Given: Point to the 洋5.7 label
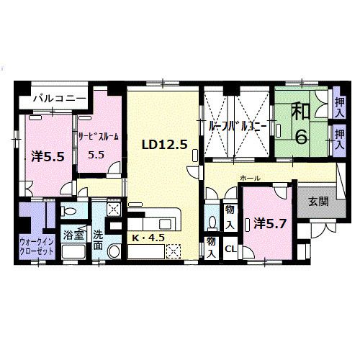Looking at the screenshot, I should [x=270, y=224].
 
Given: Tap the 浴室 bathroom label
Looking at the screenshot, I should [x=73, y=235].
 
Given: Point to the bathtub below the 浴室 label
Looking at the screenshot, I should [x=73, y=253].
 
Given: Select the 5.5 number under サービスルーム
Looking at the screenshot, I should [x=96, y=154].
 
